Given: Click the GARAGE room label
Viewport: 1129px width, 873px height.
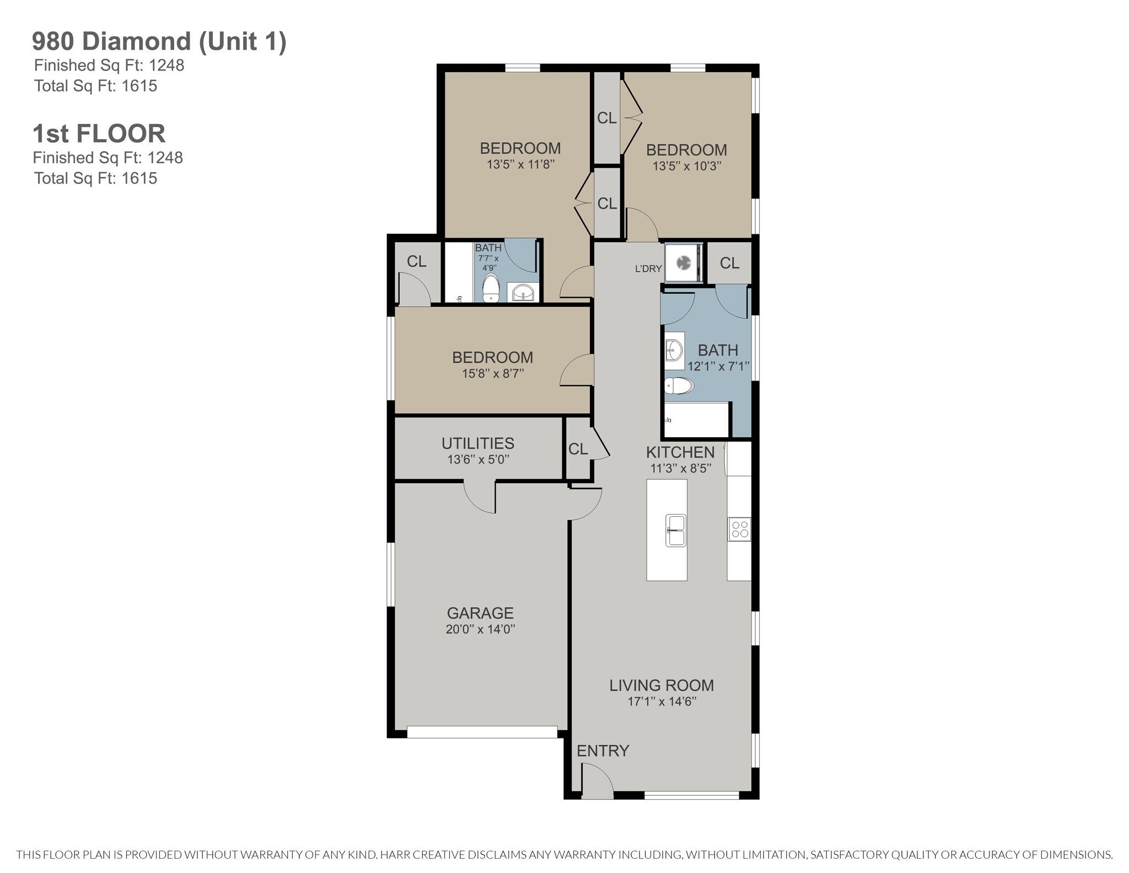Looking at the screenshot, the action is pyautogui.click(x=480, y=613).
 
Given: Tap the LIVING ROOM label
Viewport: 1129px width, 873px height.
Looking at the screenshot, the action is pyautogui.click(x=662, y=685).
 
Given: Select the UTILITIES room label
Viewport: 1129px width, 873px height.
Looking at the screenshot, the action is pyautogui.click(x=478, y=443).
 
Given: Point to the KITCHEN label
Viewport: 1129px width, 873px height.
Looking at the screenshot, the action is pyautogui.click(x=680, y=452).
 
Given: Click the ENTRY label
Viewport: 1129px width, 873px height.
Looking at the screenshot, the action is pyautogui.click(x=603, y=751).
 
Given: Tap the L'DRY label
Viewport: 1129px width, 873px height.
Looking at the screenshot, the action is pyautogui.click(x=648, y=269).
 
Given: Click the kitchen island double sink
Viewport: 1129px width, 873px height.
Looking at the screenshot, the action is pyautogui.click(x=676, y=530).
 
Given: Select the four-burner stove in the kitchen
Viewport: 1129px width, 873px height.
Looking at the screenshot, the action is pyautogui.click(x=739, y=529).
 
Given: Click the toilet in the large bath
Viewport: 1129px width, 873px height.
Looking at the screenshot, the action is pyautogui.click(x=679, y=386).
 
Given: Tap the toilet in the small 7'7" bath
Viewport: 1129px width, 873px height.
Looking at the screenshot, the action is pyautogui.click(x=491, y=288).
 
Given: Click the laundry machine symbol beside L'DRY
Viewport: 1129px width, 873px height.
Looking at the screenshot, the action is pyautogui.click(x=684, y=263).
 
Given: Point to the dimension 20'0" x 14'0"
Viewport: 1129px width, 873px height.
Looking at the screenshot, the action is pyautogui.click(x=480, y=629).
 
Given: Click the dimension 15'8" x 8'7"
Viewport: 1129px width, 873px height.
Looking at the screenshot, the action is pyautogui.click(x=493, y=373).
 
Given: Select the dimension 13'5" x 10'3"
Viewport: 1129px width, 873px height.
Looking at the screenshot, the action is pyautogui.click(x=687, y=166).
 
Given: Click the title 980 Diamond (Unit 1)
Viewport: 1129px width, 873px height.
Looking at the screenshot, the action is pyautogui.click(x=159, y=42).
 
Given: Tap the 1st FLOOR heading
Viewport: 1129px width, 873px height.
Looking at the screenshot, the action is pyautogui.click(x=99, y=133).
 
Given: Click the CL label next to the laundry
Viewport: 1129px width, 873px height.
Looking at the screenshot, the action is pyautogui.click(x=729, y=264).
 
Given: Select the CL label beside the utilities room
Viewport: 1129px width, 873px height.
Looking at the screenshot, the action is pyautogui.click(x=578, y=449).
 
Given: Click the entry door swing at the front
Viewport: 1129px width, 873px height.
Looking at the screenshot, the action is pyautogui.click(x=598, y=780).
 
